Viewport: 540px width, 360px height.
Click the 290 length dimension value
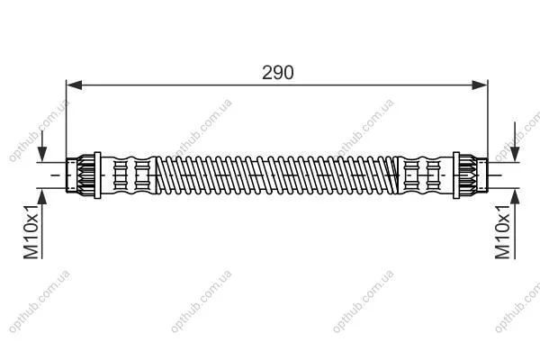click(x=277, y=73)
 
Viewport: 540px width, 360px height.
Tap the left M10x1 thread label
click(x=31, y=231)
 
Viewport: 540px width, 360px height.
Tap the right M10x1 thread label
click(x=502, y=231)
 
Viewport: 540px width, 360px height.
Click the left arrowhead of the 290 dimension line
click(x=74, y=85)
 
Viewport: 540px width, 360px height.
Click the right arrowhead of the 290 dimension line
click(x=480, y=85)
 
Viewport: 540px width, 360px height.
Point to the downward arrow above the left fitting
click(x=42, y=146)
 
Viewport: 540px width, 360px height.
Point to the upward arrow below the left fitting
click(x=42, y=223)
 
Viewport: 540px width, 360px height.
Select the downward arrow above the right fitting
click(x=515, y=141)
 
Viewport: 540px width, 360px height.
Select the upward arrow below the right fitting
click(x=515, y=223)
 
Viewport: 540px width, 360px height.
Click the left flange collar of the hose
click(x=97, y=175)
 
